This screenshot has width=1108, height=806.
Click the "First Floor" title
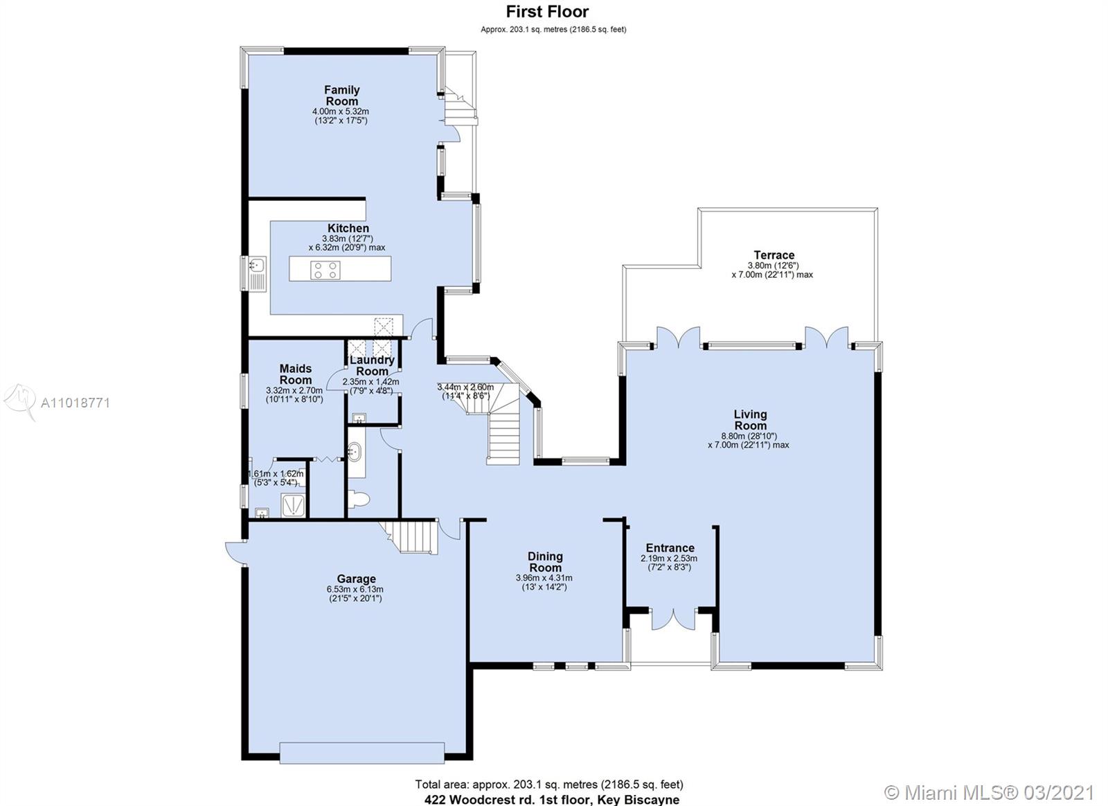(547, 11)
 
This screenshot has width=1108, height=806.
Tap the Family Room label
(342, 96)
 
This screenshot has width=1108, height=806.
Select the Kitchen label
(348, 228)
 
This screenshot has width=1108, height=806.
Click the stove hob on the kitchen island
(325, 270)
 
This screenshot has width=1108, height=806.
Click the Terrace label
(774, 255)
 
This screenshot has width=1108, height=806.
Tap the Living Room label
(751, 420)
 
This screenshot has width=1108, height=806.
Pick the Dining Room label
(545, 562)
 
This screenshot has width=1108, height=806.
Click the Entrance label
(670, 547)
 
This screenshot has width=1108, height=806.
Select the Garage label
(356, 579)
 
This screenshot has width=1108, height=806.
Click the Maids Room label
(295, 374)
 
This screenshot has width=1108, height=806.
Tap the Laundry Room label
(372, 366)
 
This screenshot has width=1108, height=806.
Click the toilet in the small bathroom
(359, 500)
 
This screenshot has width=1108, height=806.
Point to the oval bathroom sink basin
(354, 453)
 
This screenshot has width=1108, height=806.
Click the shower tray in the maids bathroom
(293, 505)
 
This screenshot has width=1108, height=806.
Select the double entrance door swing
(672, 619)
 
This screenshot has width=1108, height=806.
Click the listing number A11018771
(75, 403)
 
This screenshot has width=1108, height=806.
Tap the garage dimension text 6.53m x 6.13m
(355, 589)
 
